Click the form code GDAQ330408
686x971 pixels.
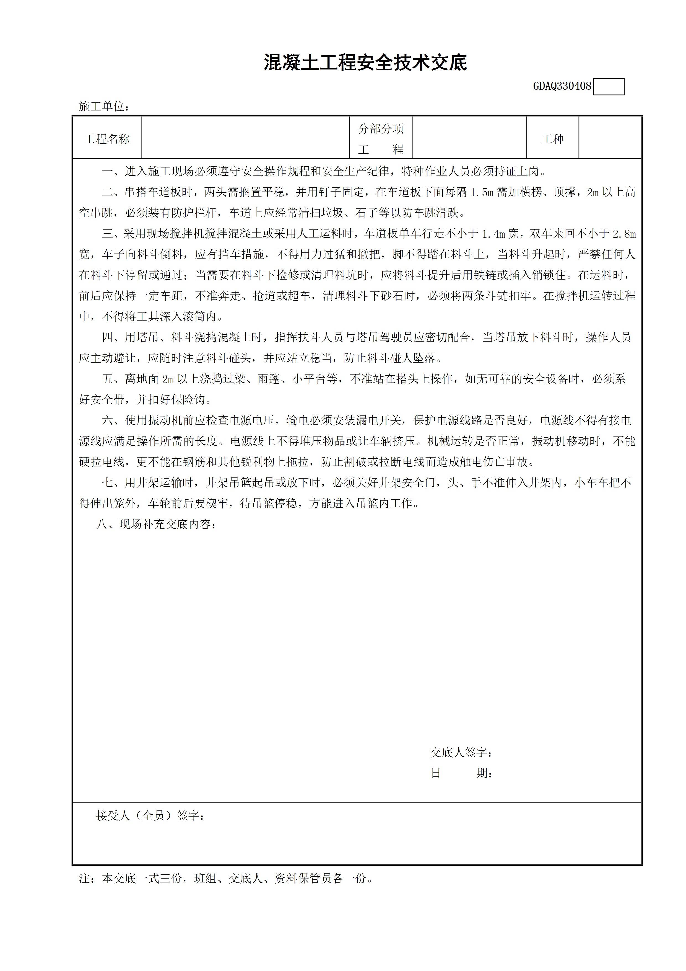click(562, 86)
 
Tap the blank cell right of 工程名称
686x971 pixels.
click(245, 138)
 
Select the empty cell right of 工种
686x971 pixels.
click(610, 138)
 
